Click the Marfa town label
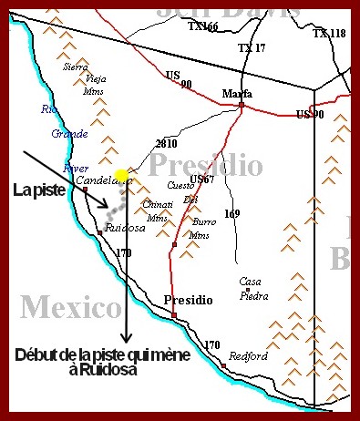237,93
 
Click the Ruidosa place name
123,228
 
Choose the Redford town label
248,356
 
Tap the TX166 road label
203,27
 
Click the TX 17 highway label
251,47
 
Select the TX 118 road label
329,34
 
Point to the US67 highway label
202,180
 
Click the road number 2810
166,144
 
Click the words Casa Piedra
252,288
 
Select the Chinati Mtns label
159,211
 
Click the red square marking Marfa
242,105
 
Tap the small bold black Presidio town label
188,300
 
